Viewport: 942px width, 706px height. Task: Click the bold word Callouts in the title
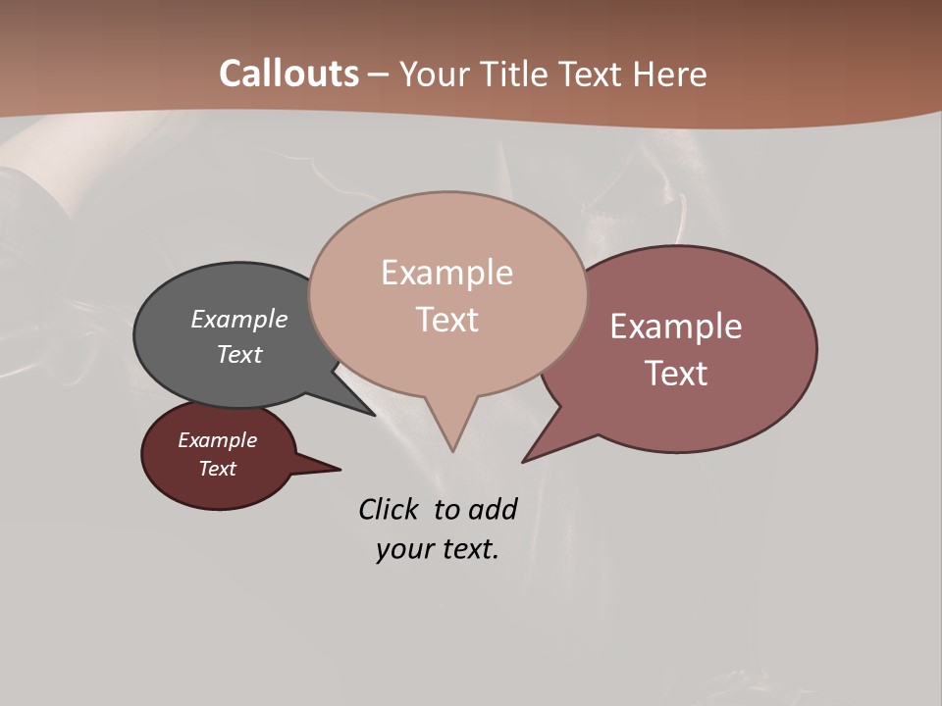pyautogui.click(x=288, y=74)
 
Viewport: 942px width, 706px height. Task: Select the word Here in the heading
pyautogui.click(x=671, y=74)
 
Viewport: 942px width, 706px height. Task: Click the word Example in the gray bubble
pyautogui.click(x=239, y=319)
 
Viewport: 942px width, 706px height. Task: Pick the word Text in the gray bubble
pyautogui.click(x=239, y=354)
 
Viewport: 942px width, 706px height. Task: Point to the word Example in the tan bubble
pyautogui.click(x=446, y=273)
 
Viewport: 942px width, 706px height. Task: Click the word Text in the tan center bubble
pyautogui.click(x=446, y=320)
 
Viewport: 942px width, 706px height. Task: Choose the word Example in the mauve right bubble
pyautogui.click(x=676, y=327)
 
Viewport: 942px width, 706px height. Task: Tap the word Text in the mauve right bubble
pyautogui.click(x=676, y=373)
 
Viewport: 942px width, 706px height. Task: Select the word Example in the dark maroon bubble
pyautogui.click(x=218, y=440)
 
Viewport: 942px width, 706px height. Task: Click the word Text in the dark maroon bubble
pyautogui.click(x=218, y=469)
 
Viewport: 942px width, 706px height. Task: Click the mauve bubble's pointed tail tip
pyautogui.click(x=524, y=461)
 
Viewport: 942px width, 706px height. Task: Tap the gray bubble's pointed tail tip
pyautogui.click(x=374, y=415)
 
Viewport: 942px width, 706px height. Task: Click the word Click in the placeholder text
pyautogui.click(x=389, y=509)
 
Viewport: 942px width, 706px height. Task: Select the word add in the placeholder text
pyautogui.click(x=493, y=509)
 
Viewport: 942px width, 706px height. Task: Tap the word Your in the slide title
pyautogui.click(x=434, y=74)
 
